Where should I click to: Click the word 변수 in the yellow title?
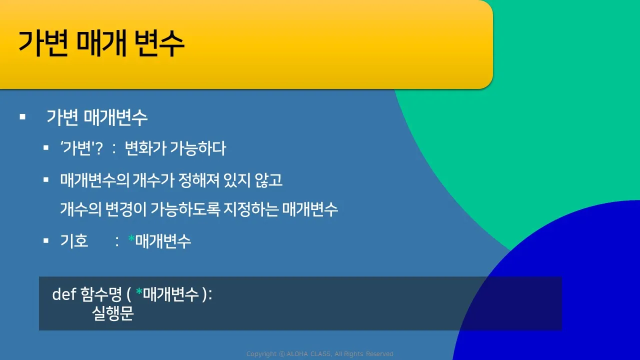tap(159, 43)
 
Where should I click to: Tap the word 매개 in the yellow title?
tap(101, 43)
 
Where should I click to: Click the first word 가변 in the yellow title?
tap(43, 43)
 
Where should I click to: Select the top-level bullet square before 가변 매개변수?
tap(22, 117)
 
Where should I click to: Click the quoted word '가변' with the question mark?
tap(81, 148)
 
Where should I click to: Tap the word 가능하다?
tap(198, 148)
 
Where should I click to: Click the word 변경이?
tap(125, 209)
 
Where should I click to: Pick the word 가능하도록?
tap(185, 209)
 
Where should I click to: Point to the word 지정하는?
tap(251, 209)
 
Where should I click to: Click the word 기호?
tap(74, 240)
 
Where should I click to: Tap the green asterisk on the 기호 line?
tap(131, 238)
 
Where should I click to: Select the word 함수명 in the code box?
tap(101, 294)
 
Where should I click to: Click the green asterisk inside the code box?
tap(139, 291)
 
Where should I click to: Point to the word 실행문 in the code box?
tap(113, 313)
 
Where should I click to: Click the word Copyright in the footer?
tap(261, 354)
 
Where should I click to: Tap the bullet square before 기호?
tap(46, 240)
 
